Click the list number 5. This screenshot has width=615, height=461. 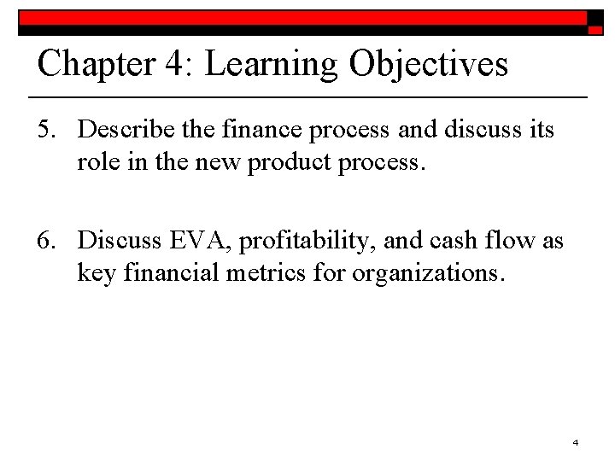[46, 131]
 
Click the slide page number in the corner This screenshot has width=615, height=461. [576, 442]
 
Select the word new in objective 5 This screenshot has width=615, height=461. [217, 161]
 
